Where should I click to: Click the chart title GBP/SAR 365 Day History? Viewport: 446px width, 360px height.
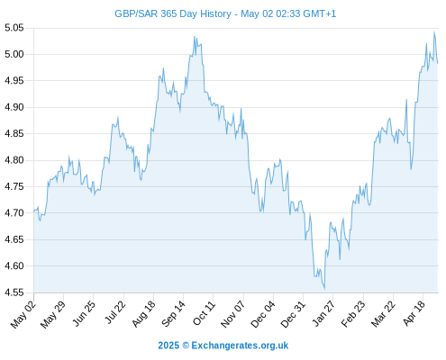point(173,13)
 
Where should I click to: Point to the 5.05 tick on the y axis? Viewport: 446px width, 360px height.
point(14,28)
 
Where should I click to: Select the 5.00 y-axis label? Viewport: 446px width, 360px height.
point(14,54)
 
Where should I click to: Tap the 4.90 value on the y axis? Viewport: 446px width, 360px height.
point(14,107)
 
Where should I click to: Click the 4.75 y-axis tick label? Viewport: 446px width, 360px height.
point(14,186)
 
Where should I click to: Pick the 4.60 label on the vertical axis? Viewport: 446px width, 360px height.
point(14,265)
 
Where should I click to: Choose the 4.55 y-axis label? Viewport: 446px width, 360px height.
point(14,292)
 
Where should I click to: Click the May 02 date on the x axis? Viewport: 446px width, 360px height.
point(23,314)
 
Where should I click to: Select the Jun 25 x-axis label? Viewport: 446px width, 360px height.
point(85,313)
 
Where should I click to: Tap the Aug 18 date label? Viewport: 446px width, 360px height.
point(143,313)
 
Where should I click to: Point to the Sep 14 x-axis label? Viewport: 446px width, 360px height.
point(173,313)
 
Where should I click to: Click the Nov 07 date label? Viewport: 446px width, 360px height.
point(233,314)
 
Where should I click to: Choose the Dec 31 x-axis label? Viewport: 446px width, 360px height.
point(293,314)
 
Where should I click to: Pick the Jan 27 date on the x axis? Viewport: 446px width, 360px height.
point(323,313)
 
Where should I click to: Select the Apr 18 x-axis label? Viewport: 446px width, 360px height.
point(414,313)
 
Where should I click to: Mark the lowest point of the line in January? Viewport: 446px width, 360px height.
point(324,289)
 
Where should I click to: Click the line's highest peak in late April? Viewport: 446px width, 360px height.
point(433,31)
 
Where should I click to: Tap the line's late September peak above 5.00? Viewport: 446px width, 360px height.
point(195,37)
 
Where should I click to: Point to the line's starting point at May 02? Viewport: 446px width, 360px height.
point(34,211)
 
